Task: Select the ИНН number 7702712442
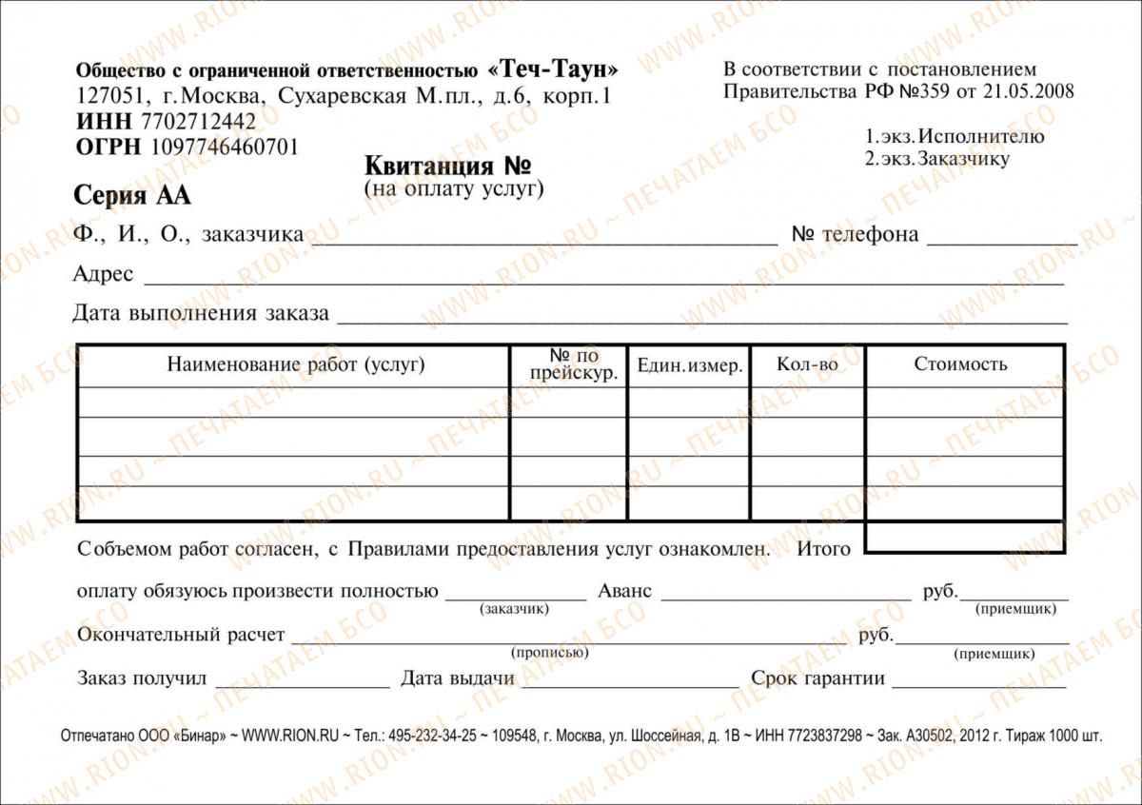[198, 122]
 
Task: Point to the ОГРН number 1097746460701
[220, 147]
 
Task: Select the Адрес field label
[103, 275]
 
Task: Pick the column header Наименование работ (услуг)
[296, 364]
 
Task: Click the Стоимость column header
[960, 364]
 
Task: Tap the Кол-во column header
[807, 364]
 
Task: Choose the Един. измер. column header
[689, 366]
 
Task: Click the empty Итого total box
[964, 538]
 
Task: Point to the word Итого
[823, 549]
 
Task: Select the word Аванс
[624, 591]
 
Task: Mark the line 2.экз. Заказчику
[936, 159]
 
